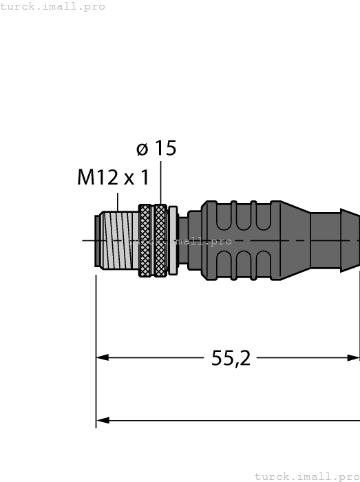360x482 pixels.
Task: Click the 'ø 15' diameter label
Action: (x=156, y=148)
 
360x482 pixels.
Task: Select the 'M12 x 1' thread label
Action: (x=113, y=178)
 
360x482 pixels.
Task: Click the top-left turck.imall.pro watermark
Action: (x=53, y=6)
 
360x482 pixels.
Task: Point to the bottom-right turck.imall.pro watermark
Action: (x=307, y=476)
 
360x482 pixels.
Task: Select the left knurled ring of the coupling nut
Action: (x=145, y=241)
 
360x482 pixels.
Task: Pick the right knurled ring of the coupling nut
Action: (x=160, y=241)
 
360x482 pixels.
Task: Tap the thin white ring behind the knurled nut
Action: (x=173, y=241)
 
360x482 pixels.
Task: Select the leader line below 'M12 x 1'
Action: (x=118, y=202)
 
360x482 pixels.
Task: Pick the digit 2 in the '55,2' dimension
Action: (x=244, y=358)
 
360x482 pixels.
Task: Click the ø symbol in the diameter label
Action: (x=142, y=149)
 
